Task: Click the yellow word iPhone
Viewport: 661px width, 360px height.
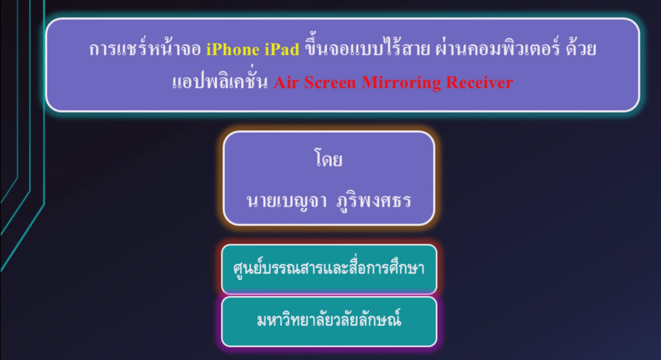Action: (233, 49)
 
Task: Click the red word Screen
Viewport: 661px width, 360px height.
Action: (330, 82)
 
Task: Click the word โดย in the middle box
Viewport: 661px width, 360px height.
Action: (329, 159)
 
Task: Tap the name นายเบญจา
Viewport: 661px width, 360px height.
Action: (287, 201)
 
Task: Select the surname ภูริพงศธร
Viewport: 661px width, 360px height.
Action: (374, 201)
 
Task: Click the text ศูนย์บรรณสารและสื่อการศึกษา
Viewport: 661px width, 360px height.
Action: (329, 268)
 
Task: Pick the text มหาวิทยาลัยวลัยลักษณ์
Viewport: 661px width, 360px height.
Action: (329, 320)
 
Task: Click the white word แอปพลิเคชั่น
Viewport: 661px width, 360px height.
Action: (219, 82)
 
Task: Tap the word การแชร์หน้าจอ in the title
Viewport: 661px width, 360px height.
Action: (145, 49)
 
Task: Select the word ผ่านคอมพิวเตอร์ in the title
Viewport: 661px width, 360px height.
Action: (497, 49)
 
